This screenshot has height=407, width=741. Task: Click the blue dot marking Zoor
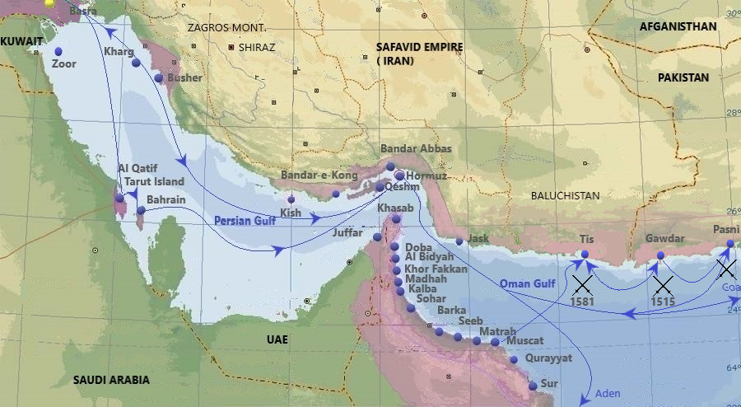pyautogui.click(x=57, y=51)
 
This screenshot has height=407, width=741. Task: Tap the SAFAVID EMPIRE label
pyautogui.click(x=419, y=47)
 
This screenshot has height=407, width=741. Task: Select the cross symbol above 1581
pyautogui.click(x=583, y=285)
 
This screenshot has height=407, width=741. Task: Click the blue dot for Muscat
pyautogui.click(x=495, y=341)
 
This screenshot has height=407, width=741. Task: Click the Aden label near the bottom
pyautogui.click(x=607, y=393)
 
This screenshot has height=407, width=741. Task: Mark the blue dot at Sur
pyautogui.click(x=533, y=386)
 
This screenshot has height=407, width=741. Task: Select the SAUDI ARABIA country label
pyautogui.click(x=111, y=380)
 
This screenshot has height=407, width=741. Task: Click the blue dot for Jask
pyautogui.click(x=459, y=241)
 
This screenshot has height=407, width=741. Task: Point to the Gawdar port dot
pyautogui.click(x=660, y=255)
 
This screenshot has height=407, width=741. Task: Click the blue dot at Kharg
pyautogui.click(x=136, y=63)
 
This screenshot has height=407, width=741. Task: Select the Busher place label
pyautogui.click(x=184, y=77)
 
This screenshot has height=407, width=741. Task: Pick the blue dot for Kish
pyautogui.click(x=291, y=199)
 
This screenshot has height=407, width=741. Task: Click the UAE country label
pyautogui.click(x=277, y=339)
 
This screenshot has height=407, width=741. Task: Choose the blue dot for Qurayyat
pyautogui.click(x=514, y=359)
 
